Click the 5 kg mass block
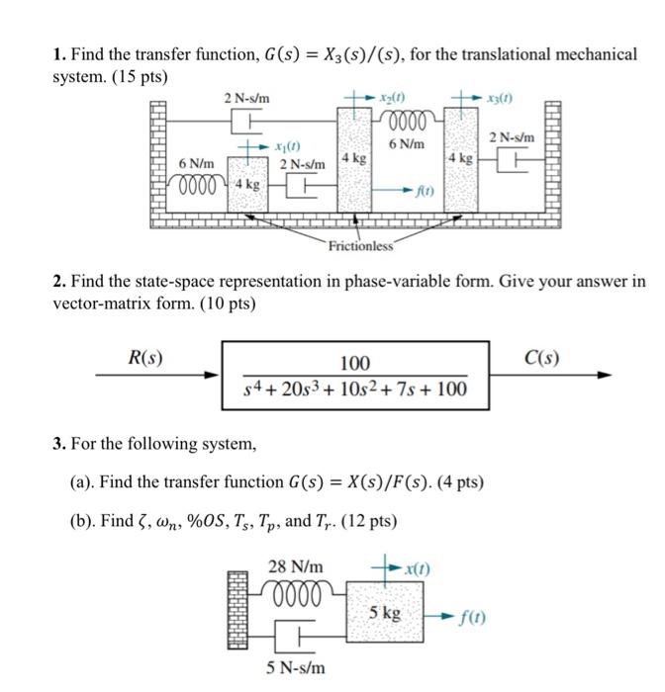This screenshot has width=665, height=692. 385,613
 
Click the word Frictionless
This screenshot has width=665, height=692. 361,245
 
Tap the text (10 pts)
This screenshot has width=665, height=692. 222,303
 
